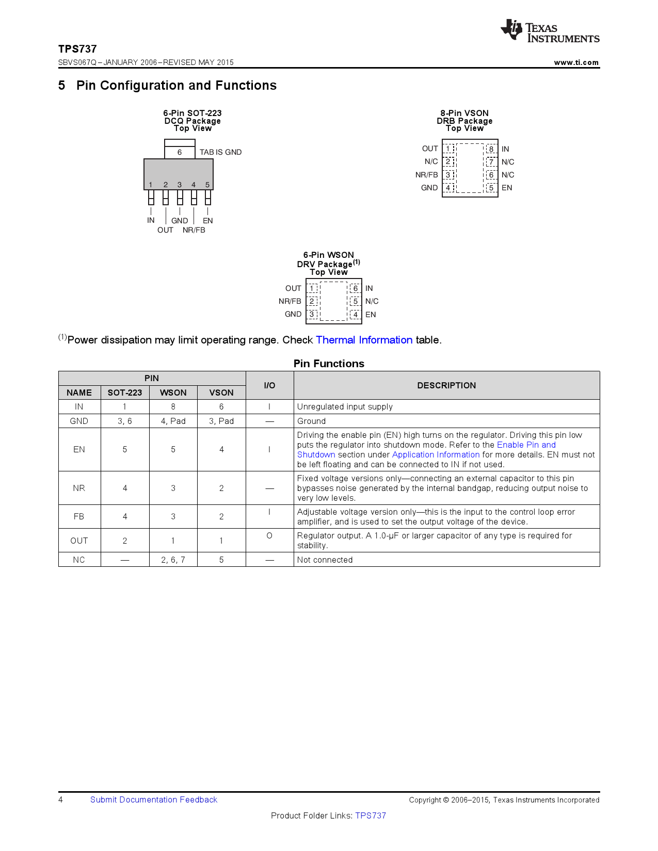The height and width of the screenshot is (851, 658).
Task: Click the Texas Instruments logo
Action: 550,31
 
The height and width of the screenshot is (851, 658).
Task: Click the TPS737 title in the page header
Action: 77,49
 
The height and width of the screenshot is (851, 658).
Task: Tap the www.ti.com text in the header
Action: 576,62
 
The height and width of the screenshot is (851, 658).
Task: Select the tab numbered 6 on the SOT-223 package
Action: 180,152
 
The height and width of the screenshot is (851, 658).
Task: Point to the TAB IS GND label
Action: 220,152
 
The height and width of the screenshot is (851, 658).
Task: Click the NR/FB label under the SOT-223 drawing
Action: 194,230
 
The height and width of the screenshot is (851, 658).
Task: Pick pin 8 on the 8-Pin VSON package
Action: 491,149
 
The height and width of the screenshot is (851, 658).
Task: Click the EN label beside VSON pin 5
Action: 507,188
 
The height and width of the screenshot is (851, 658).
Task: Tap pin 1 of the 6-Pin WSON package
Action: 312,288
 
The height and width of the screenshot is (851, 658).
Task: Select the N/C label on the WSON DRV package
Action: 372,301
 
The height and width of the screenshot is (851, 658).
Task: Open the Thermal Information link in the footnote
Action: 364,340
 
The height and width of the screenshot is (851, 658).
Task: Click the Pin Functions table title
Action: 329,364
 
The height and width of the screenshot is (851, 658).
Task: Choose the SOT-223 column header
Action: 125,392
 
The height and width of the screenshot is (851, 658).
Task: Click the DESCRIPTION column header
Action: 446,385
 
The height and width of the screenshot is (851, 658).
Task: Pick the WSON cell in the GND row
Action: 173,421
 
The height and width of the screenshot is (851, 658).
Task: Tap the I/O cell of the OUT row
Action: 269,536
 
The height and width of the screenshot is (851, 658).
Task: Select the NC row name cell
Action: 79,560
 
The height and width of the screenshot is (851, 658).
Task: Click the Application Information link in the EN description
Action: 436,454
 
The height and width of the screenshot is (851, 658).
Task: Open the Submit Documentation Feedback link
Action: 154,799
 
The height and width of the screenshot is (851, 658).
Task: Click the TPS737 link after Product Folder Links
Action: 371,815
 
